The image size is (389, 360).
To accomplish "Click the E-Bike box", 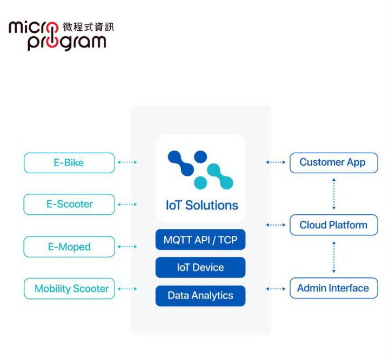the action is click(x=69, y=163).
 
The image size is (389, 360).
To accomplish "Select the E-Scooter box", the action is click(x=69, y=205).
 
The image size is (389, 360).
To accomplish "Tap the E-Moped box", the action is click(x=69, y=247).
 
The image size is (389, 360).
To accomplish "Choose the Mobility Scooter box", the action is click(x=69, y=289).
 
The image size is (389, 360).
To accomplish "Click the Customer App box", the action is click(x=334, y=163).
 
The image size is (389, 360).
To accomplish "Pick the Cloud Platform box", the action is click(x=334, y=225).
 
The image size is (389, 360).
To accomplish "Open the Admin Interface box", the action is click(x=334, y=288).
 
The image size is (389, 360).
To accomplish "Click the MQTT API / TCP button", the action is click(x=200, y=240).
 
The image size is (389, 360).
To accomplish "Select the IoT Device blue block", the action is click(x=200, y=267).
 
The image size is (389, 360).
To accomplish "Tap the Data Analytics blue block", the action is click(x=200, y=296).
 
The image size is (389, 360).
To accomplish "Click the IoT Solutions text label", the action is click(x=202, y=206).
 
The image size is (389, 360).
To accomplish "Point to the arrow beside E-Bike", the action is click(x=127, y=162).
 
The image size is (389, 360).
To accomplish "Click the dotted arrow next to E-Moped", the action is click(x=127, y=247).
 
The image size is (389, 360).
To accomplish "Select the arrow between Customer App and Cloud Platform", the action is click(x=334, y=194).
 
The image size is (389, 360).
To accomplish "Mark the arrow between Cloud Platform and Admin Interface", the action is click(x=334, y=257).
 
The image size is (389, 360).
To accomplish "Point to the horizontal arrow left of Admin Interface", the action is click(x=276, y=289).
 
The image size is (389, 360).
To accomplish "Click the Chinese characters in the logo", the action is click(x=88, y=27).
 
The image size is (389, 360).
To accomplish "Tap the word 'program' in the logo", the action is click(x=67, y=43).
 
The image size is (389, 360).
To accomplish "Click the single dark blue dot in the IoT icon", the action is click(x=200, y=157).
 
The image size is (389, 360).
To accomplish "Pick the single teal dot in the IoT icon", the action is click(x=200, y=183).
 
